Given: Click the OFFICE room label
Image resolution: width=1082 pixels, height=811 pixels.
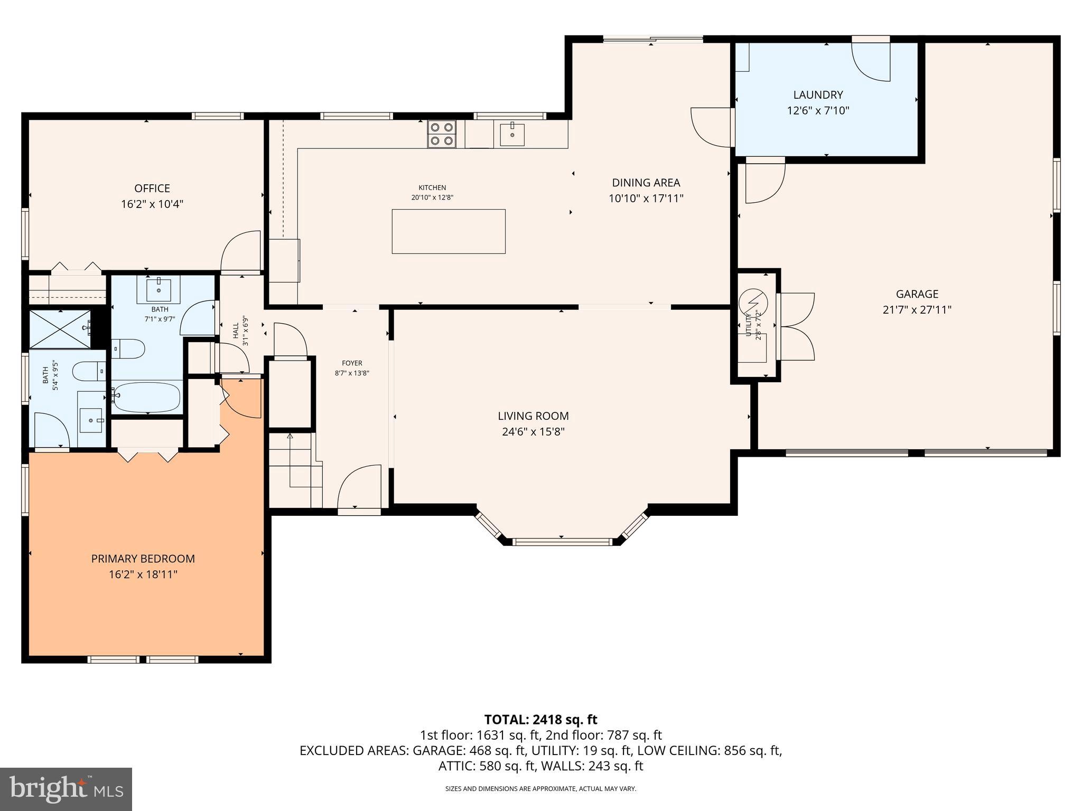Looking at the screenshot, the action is [x=152, y=188].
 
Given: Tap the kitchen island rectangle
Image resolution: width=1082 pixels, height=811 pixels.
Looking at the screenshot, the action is [x=449, y=231].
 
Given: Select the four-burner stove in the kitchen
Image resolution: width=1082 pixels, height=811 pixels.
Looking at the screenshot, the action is [x=442, y=134].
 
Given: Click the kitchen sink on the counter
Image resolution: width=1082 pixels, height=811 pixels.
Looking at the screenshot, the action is [x=512, y=134].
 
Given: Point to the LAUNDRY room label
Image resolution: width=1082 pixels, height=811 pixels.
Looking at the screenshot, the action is [x=818, y=95].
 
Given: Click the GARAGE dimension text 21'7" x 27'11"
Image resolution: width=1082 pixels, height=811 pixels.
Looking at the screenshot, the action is [x=917, y=310].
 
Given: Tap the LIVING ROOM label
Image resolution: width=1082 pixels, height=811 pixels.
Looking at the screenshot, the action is [x=533, y=416].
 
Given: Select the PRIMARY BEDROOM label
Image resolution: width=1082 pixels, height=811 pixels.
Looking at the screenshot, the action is [x=143, y=559].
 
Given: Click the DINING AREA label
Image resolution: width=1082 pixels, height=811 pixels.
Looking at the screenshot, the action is [x=646, y=183].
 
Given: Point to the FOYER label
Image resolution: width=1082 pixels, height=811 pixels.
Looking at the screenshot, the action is [x=352, y=363].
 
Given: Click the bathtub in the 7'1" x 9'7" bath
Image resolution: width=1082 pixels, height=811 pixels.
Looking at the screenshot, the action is [x=146, y=397].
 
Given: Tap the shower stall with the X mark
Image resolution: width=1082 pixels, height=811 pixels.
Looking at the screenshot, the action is [x=59, y=329].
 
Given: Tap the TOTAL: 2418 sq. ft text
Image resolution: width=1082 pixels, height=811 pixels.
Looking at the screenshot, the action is [x=540, y=720].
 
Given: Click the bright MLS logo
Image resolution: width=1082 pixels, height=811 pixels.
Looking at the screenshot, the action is [x=66, y=789].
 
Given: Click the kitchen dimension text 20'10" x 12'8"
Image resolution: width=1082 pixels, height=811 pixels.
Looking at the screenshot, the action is [x=432, y=198].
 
